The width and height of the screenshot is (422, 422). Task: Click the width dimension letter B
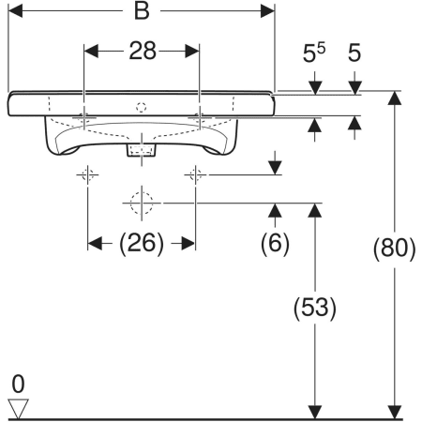coord(142,11)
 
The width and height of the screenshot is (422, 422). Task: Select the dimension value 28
coord(143,51)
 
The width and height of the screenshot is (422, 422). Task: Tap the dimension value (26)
coord(142,244)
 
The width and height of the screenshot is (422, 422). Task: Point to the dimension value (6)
coord(275,244)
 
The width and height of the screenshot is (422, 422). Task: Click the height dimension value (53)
coord(315,308)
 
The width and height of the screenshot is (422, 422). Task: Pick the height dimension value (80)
coord(395,249)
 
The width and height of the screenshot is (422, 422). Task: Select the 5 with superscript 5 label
coord(314,53)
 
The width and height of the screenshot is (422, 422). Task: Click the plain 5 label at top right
coord(354,53)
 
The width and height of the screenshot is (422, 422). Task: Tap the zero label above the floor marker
coord(18,384)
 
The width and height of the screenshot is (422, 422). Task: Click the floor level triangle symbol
coord(18,408)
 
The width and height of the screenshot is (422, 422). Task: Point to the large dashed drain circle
coord(142,203)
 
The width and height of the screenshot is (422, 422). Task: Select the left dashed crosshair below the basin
coord(87,174)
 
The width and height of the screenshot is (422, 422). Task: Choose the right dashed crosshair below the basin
coord(195,174)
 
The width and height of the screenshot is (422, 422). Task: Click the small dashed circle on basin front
coord(142,107)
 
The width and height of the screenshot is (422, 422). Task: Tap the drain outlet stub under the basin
coord(142,150)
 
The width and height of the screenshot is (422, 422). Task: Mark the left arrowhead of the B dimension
coord(15,11)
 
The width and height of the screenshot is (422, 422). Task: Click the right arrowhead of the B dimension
coord(267,11)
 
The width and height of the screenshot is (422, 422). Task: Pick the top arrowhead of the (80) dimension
coord(395,98)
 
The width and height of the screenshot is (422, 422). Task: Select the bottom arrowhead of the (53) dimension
coord(315,413)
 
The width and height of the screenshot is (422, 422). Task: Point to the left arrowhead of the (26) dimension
coord(95,244)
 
